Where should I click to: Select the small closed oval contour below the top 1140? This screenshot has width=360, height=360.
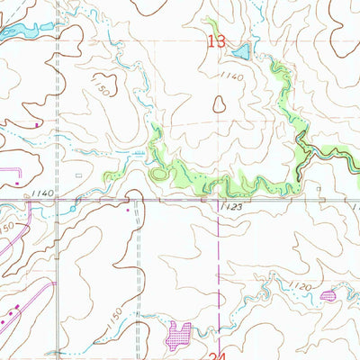pos(219,104)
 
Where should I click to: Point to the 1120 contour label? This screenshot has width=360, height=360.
pos(301,287)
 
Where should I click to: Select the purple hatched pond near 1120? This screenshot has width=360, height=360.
pos(327,294)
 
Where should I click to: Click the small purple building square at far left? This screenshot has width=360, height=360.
pos(36,126)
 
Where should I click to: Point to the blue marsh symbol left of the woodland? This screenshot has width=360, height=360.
pos(138,155)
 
